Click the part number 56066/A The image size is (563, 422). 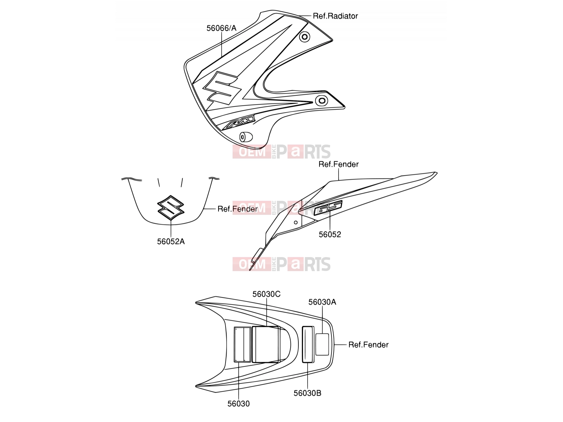coord(221,28)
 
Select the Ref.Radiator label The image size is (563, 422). coord(335,16)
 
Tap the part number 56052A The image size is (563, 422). coord(171,241)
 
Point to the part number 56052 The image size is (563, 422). coord(330,235)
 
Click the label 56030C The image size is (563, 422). coord(266,294)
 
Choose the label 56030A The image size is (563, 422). coord(322,302)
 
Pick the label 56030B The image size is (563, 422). coord(307,393)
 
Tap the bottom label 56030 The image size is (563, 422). coord(239,404)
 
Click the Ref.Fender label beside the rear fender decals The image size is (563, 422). coord(368,345)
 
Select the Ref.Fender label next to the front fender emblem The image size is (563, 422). coord(238,209)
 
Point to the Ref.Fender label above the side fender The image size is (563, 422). coord(339,164)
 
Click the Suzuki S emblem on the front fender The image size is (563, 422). coord(171,208)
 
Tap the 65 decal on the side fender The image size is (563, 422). coord(328,207)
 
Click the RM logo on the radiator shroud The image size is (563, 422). coord(239,122)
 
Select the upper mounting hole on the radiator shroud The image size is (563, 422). coord(304,37)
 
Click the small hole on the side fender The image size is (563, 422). coord(296,222)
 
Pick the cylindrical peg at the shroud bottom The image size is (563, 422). coord(246,137)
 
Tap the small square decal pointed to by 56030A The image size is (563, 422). coord(322,344)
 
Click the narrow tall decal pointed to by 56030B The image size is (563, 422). coord(308,344)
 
